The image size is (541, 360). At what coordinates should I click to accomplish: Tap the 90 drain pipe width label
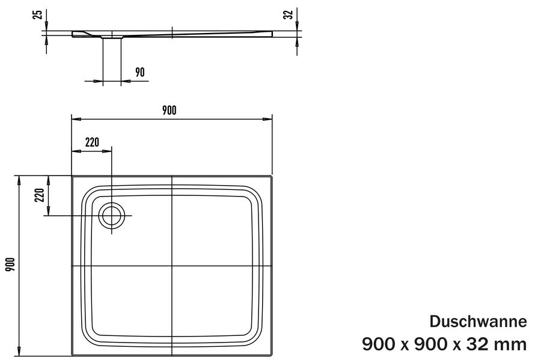click(139, 72)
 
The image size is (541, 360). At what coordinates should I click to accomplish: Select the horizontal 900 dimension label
click(169, 111)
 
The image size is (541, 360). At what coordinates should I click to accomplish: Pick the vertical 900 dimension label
click(10, 264)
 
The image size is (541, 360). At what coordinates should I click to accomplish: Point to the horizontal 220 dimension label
click(92, 142)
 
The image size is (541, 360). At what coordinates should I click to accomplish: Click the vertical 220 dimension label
click(40, 195)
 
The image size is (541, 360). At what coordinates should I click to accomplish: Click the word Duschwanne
click(478, 322)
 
